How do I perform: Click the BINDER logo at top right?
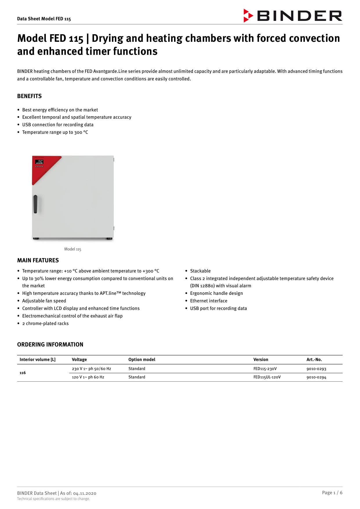[x=293, y=16]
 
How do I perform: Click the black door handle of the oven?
[x=35, y=204]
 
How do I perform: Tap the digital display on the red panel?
[x=39, y=162]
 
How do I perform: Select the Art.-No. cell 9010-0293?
[x=316, y=369]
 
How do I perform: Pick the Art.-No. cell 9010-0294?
[x=316, y=377]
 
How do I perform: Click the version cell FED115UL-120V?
[x=267, y=377]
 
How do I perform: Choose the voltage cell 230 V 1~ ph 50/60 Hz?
[x=91, y=369]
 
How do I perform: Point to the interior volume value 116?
[x=23, y=373]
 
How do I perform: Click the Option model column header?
[x=142, y=360]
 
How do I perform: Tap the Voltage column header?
[x=79, y=360]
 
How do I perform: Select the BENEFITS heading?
[x=29, y=96]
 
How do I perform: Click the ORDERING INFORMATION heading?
[x=50, y=345]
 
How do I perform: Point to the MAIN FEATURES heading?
[x=38, y=261]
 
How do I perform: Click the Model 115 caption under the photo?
[x=73, y=249]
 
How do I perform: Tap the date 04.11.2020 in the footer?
[x=85, y=493]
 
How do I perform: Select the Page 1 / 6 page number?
[x=332, y=493]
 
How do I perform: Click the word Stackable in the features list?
[x=200, y=271]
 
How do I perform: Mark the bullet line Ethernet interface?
[x=209, y=301]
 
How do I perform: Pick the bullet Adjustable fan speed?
[x=44, y=301]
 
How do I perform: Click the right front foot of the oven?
[x=109, y=239]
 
